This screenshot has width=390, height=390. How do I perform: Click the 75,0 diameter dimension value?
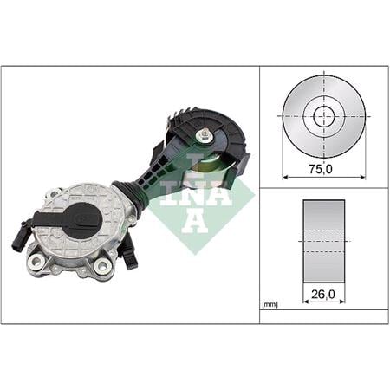(x=321, y=169)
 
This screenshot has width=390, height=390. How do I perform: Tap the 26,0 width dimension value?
(x=323, y=294)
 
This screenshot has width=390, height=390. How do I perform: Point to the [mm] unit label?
(x=270, y=304)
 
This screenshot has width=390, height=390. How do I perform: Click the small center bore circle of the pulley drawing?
(x=324, y=116)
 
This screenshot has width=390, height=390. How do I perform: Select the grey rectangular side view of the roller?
(x=324, y=241)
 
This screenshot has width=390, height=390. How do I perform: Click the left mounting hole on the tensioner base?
(x=36, y=262)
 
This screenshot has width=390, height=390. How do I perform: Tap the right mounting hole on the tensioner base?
(x=103, y=264)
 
